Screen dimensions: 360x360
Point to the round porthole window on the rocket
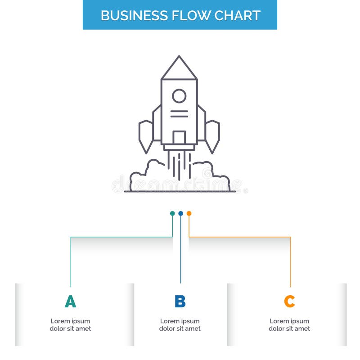tap(179, 96)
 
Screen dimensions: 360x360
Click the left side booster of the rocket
tap(146, 135)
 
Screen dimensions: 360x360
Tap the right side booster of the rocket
tap(212, 135)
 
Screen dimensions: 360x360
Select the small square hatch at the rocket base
tap(179, 137)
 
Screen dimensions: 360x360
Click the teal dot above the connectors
tap(172, 213)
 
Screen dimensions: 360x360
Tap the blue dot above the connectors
tap(180, 213)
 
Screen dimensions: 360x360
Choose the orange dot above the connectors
tap(189, 213)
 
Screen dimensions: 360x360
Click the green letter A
tap(70, 301)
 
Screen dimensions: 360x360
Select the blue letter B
tap(180, 301)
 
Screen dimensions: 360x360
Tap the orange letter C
tap(289, 301)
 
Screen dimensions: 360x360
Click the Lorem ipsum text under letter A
tap(70, 325)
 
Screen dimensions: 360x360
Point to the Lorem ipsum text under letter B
tap(180, 325)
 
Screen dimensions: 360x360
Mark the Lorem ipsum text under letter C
tap(289, 325)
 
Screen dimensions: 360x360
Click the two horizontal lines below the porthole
tap(179, 113)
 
